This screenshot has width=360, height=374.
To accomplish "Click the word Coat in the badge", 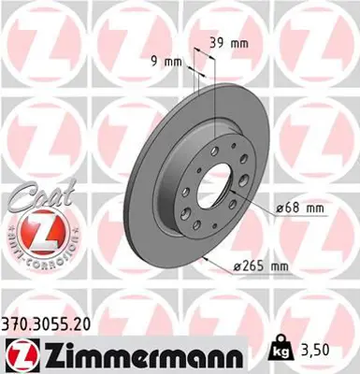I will [33, 198].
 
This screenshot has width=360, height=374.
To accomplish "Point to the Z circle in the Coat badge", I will [37, 228].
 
